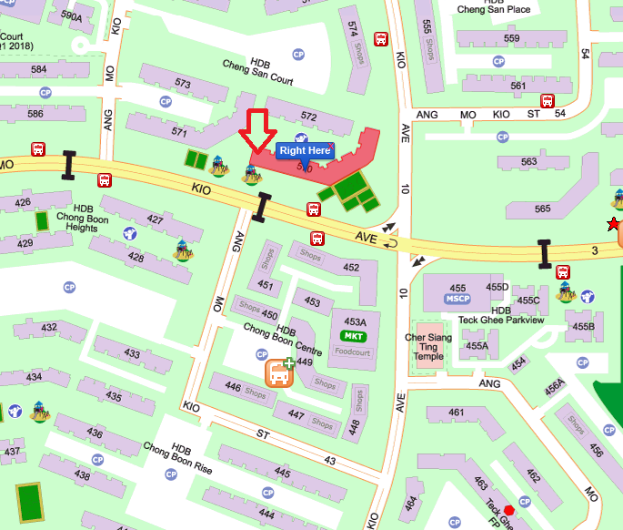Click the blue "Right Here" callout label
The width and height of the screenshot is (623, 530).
point(305,150)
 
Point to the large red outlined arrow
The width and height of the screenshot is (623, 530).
point(257,135)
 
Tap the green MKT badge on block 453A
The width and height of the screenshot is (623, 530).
point(355,336)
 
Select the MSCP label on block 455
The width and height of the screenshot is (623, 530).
point(457,299)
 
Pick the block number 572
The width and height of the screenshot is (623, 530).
point(308,117)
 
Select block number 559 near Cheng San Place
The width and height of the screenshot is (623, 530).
point(511,38)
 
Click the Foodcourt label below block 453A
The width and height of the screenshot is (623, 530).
point(353,351)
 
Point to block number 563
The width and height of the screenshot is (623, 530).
point(528,162)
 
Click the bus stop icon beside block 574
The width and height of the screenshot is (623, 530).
point(382,39)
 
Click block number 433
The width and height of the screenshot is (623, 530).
point(133,353)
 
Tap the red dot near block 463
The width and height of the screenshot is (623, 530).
point(522,500)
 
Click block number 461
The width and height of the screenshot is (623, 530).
point(456,413)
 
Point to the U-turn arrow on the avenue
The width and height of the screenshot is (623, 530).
point(393,244)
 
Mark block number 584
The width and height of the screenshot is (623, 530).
point(39,69)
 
